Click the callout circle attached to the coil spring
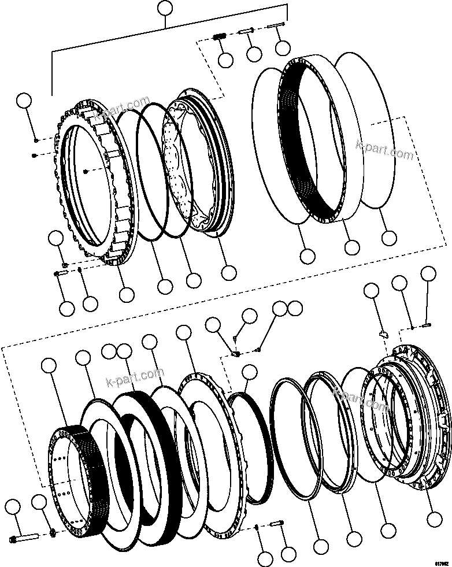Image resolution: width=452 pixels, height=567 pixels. (226, 59)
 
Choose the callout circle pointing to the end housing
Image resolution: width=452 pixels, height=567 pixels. (432, 517)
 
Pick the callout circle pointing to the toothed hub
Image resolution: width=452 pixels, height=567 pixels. (49, 365)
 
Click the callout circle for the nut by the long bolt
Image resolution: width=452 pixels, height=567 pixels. (39, 503)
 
